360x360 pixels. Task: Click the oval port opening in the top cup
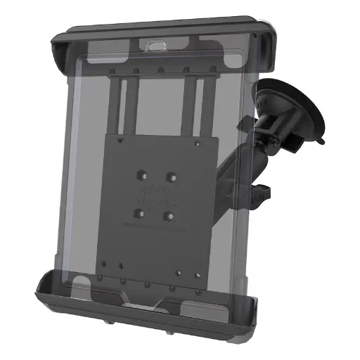157,44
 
